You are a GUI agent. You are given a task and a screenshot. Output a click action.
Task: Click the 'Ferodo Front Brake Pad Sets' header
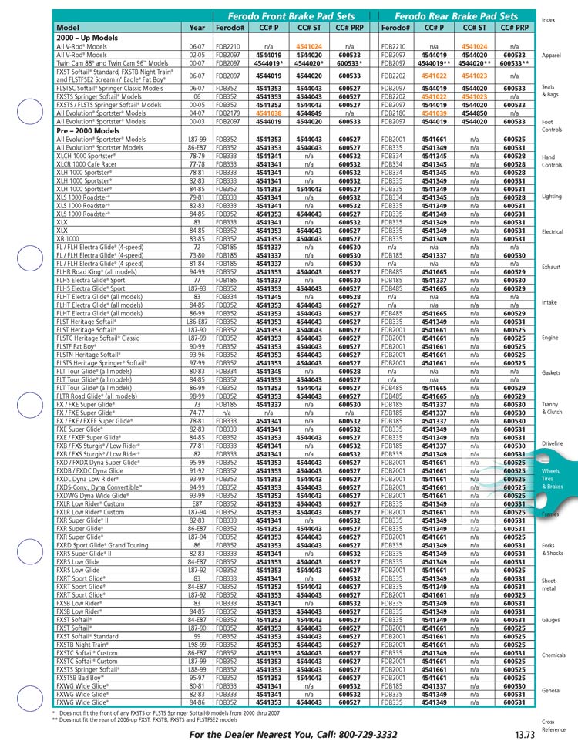coord(294,15)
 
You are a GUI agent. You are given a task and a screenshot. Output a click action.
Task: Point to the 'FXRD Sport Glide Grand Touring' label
coord(102,545)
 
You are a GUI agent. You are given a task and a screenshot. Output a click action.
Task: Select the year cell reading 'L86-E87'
coord(197,321)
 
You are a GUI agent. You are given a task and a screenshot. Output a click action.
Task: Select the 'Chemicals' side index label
coord(553,655)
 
